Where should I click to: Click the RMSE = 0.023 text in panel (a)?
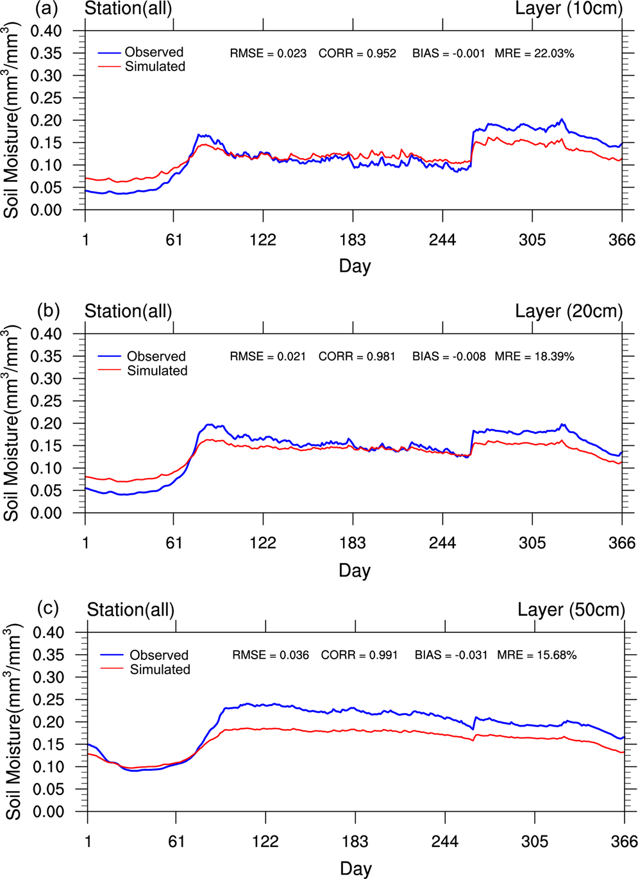[x=268, y=54]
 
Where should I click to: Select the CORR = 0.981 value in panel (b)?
[x=357, y=356]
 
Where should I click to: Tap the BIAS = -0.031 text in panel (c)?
[x=451, y=655]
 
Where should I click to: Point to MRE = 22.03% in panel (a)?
[x=534, y=54]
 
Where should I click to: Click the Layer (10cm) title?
[x=569, y=9]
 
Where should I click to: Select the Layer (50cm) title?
[x=571, y=610]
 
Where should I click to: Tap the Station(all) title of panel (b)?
[x=128, y=312]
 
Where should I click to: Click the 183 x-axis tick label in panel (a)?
[x=353, y=240]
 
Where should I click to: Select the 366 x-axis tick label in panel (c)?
[x=624, y=841]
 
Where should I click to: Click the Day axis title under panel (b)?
[x=355, y=570]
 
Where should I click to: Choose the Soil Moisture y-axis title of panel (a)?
[x=12, y=120]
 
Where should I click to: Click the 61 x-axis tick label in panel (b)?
[x=174, y=543]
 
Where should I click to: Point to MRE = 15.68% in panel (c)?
[x=537, y=655]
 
